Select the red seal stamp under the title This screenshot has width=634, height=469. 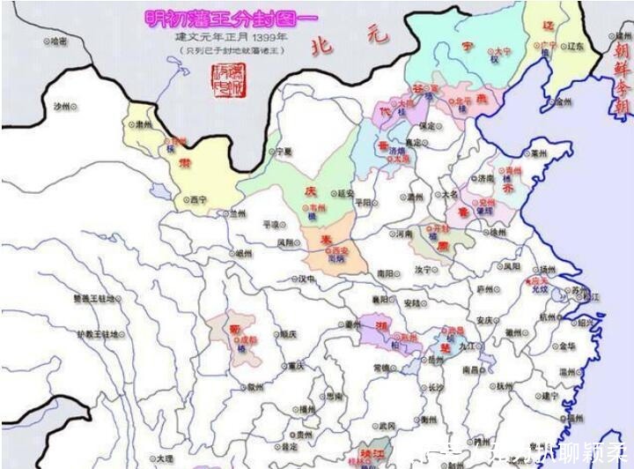228,80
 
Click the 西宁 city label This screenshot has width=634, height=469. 196,201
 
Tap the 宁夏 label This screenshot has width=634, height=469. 283,152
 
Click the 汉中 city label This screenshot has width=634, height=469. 306,279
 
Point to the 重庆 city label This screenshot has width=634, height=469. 294,365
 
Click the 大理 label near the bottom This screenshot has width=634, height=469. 164,458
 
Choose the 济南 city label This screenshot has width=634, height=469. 487,178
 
